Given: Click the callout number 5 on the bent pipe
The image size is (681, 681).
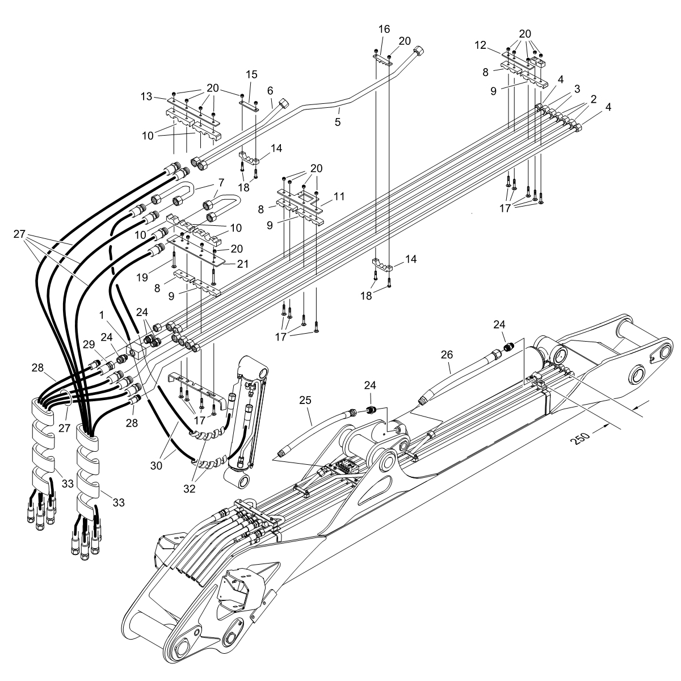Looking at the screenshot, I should point(338,121).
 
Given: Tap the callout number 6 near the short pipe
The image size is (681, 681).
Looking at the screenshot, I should point(270,90).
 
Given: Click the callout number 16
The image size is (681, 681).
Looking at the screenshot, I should point(384,28).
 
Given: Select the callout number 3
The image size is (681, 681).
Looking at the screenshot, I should point(577,89).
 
